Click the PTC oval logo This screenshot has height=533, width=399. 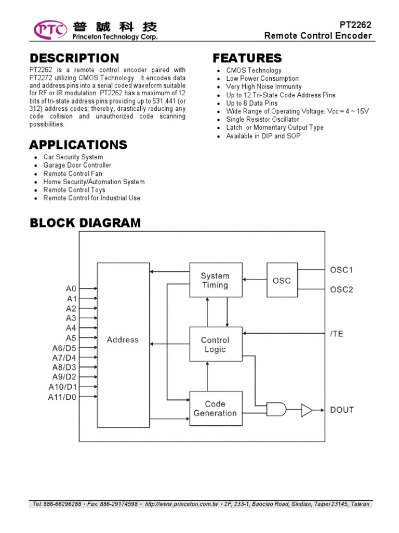[x=50, y=30]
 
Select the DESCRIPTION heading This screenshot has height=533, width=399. [x=74, y=58]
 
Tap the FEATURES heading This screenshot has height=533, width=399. [x=247, y=58]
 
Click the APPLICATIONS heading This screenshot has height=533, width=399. [x=78, y=144]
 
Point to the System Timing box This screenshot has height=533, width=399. [x=215, y=280]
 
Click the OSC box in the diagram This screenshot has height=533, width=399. [x=282, y=281]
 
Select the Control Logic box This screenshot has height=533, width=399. [x=215, y=344]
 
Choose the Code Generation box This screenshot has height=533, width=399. [x=215, y=408]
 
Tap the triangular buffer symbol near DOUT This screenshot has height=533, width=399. [x=307, y=410]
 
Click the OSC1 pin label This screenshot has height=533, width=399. [x=341, y=270]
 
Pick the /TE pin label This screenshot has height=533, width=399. [x=337, y=334]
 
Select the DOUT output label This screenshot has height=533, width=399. [x=342, y=410]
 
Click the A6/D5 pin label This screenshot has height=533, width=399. [x=64, y=348]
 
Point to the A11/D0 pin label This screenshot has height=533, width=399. [x=62, y=397]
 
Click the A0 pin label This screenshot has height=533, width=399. [x=71, y=288]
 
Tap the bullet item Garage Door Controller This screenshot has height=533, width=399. [x=77, y=165]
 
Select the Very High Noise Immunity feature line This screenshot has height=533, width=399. [x=264, y=86]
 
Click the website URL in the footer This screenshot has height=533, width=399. [x=182, y=504]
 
